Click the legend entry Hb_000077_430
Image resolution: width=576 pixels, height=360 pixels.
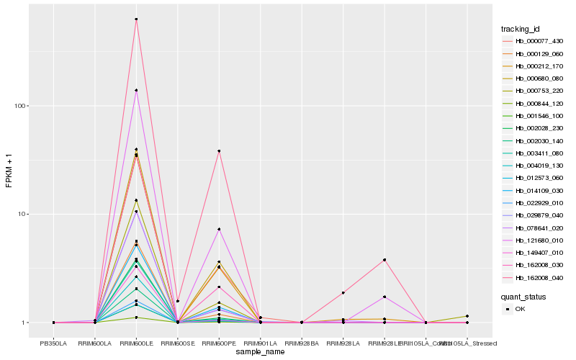pos(534,41)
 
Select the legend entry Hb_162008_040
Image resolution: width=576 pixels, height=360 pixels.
pos(534,276)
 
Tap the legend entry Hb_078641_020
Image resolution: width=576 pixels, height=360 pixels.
pos(534,227)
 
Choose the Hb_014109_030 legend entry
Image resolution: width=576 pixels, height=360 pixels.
pos(534,190)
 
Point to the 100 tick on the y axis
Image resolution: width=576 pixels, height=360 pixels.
pos(21,106)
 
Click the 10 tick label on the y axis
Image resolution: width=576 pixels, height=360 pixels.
pos(23,215)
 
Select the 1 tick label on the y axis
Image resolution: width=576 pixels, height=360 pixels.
pos(25,323)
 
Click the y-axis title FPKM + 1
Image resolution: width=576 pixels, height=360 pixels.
pos(9,171)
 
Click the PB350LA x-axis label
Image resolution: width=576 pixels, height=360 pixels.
pos(53,343)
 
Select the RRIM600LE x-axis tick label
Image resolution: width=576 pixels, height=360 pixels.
pos(136,343)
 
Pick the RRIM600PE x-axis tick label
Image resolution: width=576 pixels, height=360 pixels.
pos(219,343)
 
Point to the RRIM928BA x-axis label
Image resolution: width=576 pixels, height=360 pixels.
pos(302,343)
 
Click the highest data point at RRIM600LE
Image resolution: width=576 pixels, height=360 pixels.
pos(136,19)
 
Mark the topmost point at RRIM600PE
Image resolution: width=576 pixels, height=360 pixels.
pos(219,151)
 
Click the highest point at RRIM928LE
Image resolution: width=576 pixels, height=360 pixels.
pos(384,259)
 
